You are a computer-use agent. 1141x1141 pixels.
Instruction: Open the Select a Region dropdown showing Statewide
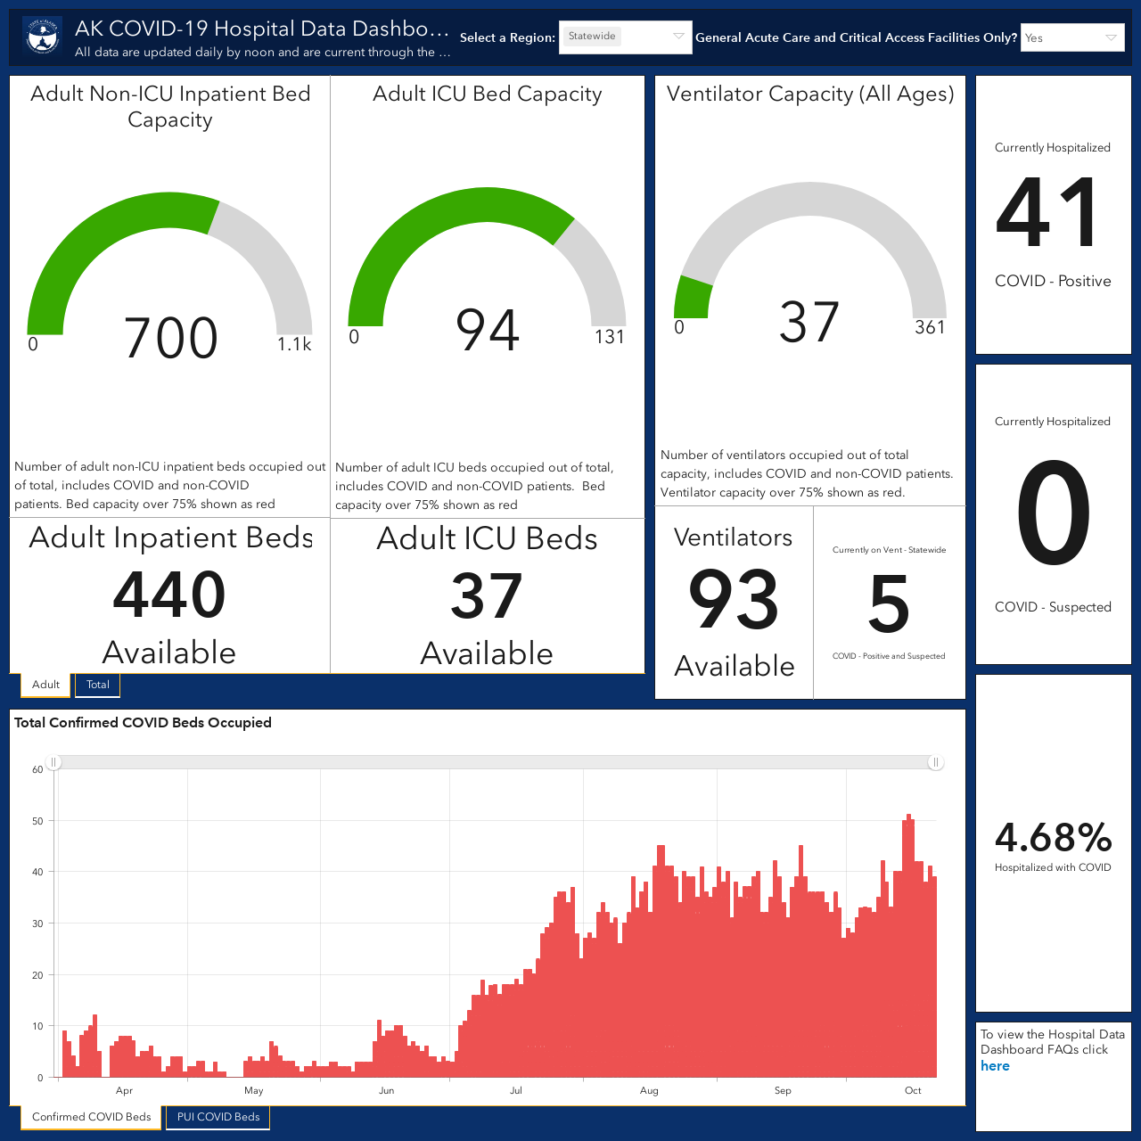tap(625, 37)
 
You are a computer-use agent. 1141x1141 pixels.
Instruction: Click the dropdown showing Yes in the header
tap(1072, 37)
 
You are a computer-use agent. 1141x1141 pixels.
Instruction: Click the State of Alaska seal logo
tap(43, 37)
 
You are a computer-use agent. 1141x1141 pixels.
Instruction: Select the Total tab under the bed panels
tap(98, 685)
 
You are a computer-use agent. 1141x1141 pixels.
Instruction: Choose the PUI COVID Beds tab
tap(218, 1117)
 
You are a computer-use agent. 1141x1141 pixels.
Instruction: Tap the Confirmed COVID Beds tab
tap(91, 1117)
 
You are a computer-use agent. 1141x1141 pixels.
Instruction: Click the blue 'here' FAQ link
tap(995, 1066)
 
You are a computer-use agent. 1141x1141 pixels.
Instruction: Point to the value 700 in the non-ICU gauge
tap(170, 338)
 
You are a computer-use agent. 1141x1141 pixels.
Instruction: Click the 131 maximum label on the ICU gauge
tap(610, 337)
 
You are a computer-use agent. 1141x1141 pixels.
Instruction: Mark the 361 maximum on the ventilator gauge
tap(930, 327)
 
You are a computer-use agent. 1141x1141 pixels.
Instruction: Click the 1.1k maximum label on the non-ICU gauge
tap(294, 344)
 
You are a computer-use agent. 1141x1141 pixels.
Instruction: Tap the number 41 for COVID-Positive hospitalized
tap(1047, 212)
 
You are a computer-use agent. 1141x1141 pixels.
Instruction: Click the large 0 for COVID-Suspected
tap(1054, 513)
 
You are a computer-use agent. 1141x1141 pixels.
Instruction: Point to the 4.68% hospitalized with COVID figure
tap(1054, 837)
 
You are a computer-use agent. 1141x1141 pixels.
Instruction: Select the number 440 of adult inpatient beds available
tap(169, 594)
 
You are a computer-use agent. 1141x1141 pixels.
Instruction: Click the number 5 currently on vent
tap(889, 604)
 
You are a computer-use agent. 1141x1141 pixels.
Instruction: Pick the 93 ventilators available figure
tap(734, 599)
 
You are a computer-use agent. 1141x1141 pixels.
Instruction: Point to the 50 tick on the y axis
tap(37, 821)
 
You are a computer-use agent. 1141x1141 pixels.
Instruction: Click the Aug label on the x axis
tap(649, 1090)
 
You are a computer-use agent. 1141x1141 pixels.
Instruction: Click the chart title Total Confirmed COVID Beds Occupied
tap(143, 722)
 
